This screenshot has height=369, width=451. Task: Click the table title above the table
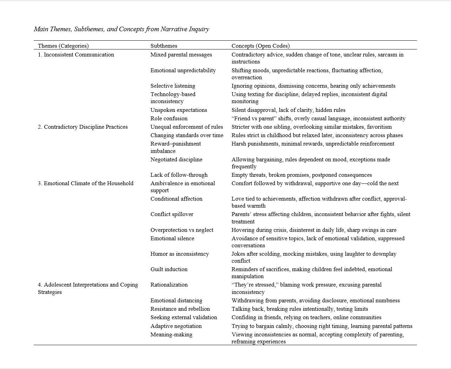pos(121,29)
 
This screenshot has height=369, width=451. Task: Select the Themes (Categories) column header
pos(63,46)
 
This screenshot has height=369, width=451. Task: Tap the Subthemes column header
pos(164,46)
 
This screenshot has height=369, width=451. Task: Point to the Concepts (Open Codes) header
pos(260,46)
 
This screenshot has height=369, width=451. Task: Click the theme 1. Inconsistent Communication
pos(76,55)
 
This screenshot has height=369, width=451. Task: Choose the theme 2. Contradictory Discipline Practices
pos(82,127)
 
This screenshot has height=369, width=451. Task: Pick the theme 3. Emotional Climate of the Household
pos(86,183)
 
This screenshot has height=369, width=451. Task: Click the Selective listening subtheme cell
pos(173,86)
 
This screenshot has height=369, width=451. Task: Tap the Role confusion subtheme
pos(169,119)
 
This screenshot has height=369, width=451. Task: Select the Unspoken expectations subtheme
pos(179,110)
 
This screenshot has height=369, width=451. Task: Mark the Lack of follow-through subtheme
pos(179,175)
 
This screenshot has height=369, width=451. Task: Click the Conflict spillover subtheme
pos(172,214)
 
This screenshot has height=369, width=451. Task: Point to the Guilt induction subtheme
pos(169,269)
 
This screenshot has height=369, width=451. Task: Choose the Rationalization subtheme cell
pos(169,285)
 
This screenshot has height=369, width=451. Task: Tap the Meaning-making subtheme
pos(171,335)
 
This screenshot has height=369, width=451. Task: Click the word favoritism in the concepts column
pos(379,127)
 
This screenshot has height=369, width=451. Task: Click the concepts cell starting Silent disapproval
pos(288,110)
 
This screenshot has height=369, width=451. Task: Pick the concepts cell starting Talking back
pos(299,309)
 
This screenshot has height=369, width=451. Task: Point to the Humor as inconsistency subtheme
pos(179,254)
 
